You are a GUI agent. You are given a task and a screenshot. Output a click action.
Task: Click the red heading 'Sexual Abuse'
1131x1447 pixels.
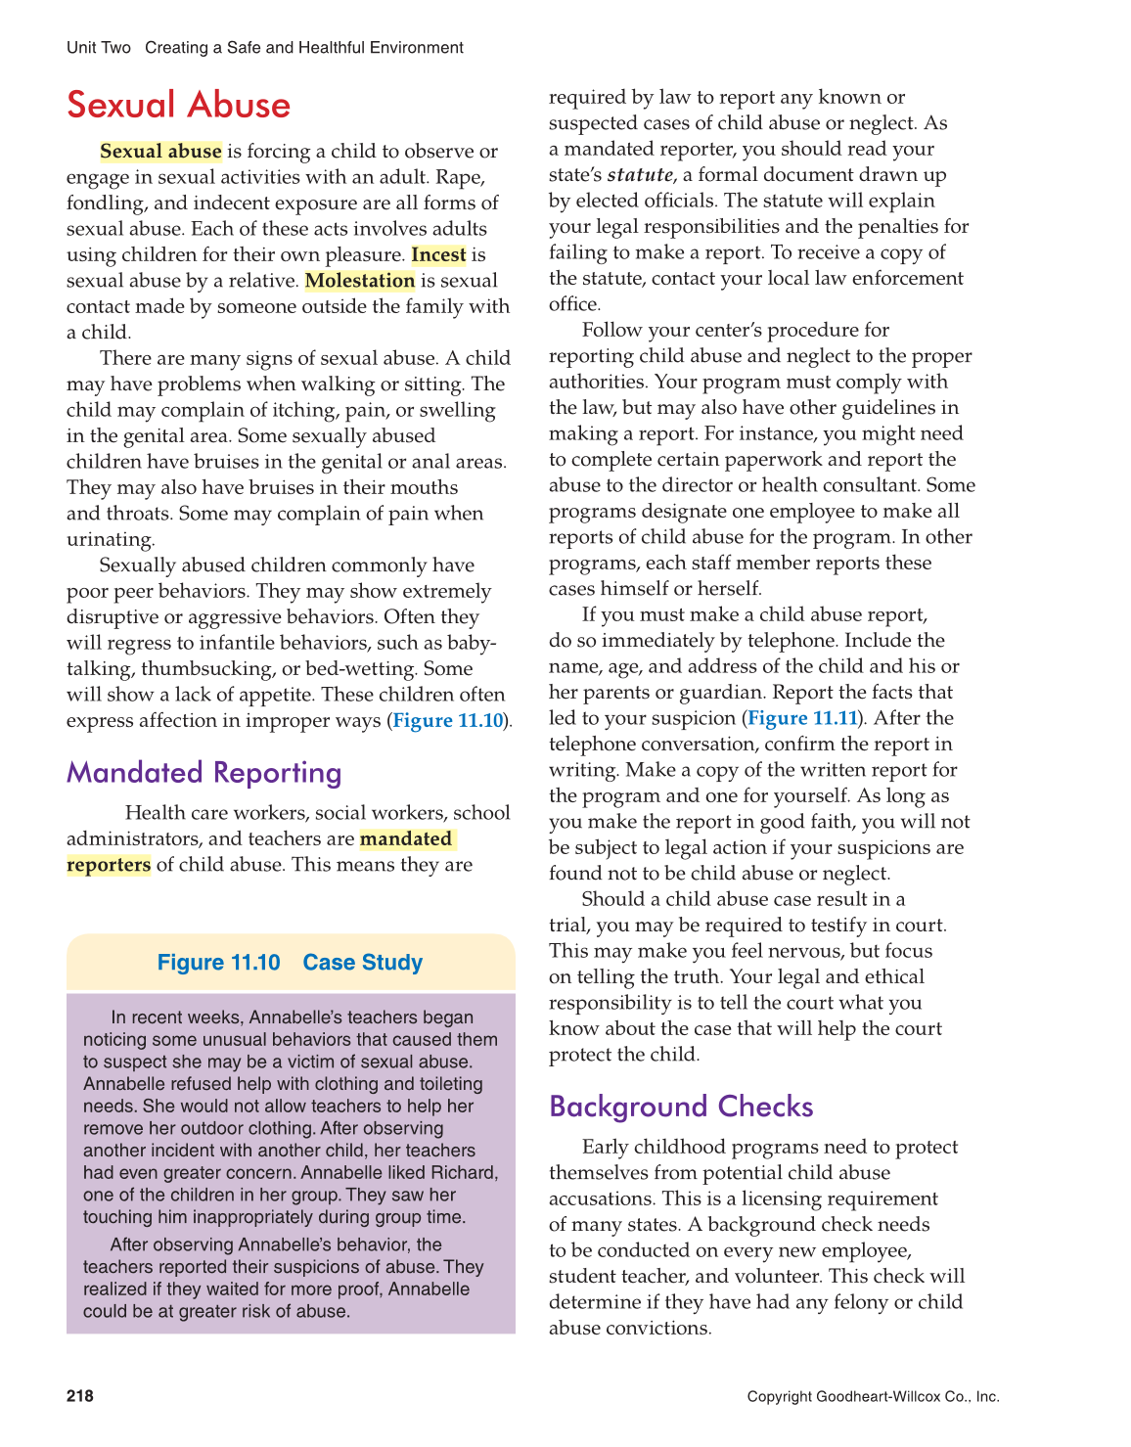tap(179, 106)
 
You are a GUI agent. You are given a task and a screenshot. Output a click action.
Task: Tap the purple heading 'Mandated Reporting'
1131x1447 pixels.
tap(204, 773)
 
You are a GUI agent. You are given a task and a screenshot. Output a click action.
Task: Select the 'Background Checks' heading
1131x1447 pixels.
tap(681, 1107)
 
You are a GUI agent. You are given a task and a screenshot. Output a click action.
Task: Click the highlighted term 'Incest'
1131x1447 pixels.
tap(438, 255)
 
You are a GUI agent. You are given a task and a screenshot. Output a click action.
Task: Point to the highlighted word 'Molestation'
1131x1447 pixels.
tap(360, 281)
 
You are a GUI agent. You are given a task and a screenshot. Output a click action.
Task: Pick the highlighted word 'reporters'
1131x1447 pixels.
tap(109, 865)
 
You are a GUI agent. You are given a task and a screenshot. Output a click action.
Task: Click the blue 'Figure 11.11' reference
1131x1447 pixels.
tap(802, 718)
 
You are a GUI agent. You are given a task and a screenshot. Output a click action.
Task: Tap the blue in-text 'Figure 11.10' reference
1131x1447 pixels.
tap(448, 721)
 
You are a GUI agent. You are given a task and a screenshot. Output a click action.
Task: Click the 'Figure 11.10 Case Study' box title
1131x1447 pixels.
tap(290, 963)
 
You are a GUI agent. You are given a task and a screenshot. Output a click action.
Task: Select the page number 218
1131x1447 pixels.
tap(80, 1396)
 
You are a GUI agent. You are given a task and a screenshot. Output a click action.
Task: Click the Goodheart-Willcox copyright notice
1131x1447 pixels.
tap(873, 1397)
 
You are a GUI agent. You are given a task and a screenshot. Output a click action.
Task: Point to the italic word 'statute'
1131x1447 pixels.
tap(640, 175)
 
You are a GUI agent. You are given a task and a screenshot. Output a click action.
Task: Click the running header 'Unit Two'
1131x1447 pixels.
tap(98, 48)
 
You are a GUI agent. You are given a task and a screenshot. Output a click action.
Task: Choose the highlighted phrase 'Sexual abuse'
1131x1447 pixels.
tap(160, 152)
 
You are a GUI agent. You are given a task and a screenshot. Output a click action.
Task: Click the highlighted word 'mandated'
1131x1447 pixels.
tap(406, 839)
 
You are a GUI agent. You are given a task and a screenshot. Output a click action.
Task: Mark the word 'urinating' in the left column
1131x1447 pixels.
tap(110, 540)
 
